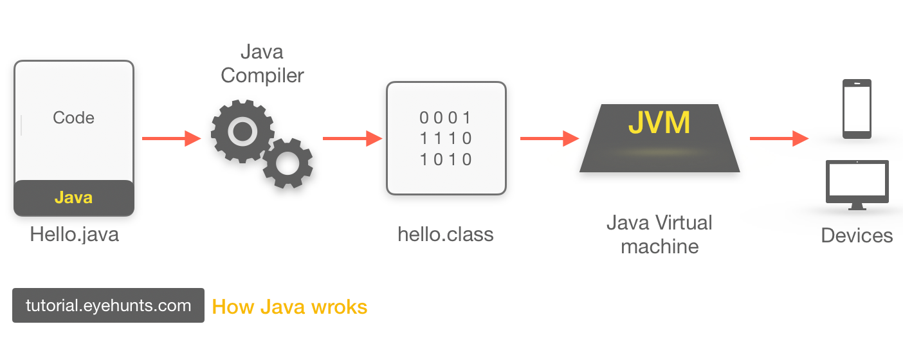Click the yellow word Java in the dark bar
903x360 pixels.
coord(73,197)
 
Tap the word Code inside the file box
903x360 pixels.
coord(73,118)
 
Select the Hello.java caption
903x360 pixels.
coord(74,235)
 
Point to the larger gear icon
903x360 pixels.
coord(242,131)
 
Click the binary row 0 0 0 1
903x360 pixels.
coord(446,118)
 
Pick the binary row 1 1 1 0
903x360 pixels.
coord(446,138)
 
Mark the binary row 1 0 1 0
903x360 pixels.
coord(446,159)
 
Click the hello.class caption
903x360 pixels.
coord(446,234)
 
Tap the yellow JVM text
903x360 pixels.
coord(659,123)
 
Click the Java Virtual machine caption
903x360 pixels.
coord(659,234)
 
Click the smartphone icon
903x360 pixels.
coord(857,109)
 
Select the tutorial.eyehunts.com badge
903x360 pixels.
coord(108,305)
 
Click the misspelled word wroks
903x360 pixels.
coord(339,307)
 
